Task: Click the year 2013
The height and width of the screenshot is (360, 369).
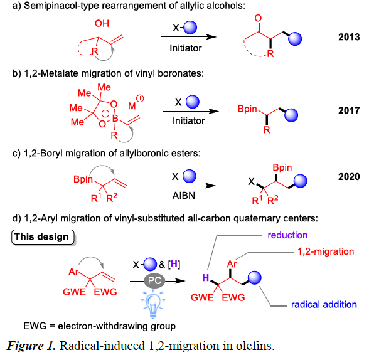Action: (349, 37)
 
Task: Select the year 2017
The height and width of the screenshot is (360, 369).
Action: (349, 110)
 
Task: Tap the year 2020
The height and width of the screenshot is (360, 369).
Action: (349, 177)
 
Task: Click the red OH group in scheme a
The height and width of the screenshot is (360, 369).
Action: (102, 23)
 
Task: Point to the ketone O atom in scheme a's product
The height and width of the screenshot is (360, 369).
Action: (258, 18)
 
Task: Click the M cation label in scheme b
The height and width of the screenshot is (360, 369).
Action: (132, 106)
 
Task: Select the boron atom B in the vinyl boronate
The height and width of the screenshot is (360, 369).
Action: (115, 119)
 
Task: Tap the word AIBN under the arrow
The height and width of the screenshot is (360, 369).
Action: (184, 196)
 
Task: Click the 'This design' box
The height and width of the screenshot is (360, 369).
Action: (43, 237)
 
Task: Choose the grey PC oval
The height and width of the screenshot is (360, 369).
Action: (154, 280)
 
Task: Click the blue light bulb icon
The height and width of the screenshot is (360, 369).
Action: (153, 304)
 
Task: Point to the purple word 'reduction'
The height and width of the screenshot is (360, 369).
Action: (287, 235)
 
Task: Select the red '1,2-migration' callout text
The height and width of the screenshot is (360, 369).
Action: (326, 251)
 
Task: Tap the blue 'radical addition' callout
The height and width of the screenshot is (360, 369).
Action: (324, 305)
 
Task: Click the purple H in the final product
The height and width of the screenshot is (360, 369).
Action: (206, 278)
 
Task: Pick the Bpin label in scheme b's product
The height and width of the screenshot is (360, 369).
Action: (247, 109)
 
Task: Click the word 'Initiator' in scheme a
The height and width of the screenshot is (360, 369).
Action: (186, 48)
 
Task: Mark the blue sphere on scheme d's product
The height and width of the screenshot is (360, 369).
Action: (254, 278)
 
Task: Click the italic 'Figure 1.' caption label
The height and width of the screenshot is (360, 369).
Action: (31, 346)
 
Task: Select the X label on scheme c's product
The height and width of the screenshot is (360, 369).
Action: (251, 181)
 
